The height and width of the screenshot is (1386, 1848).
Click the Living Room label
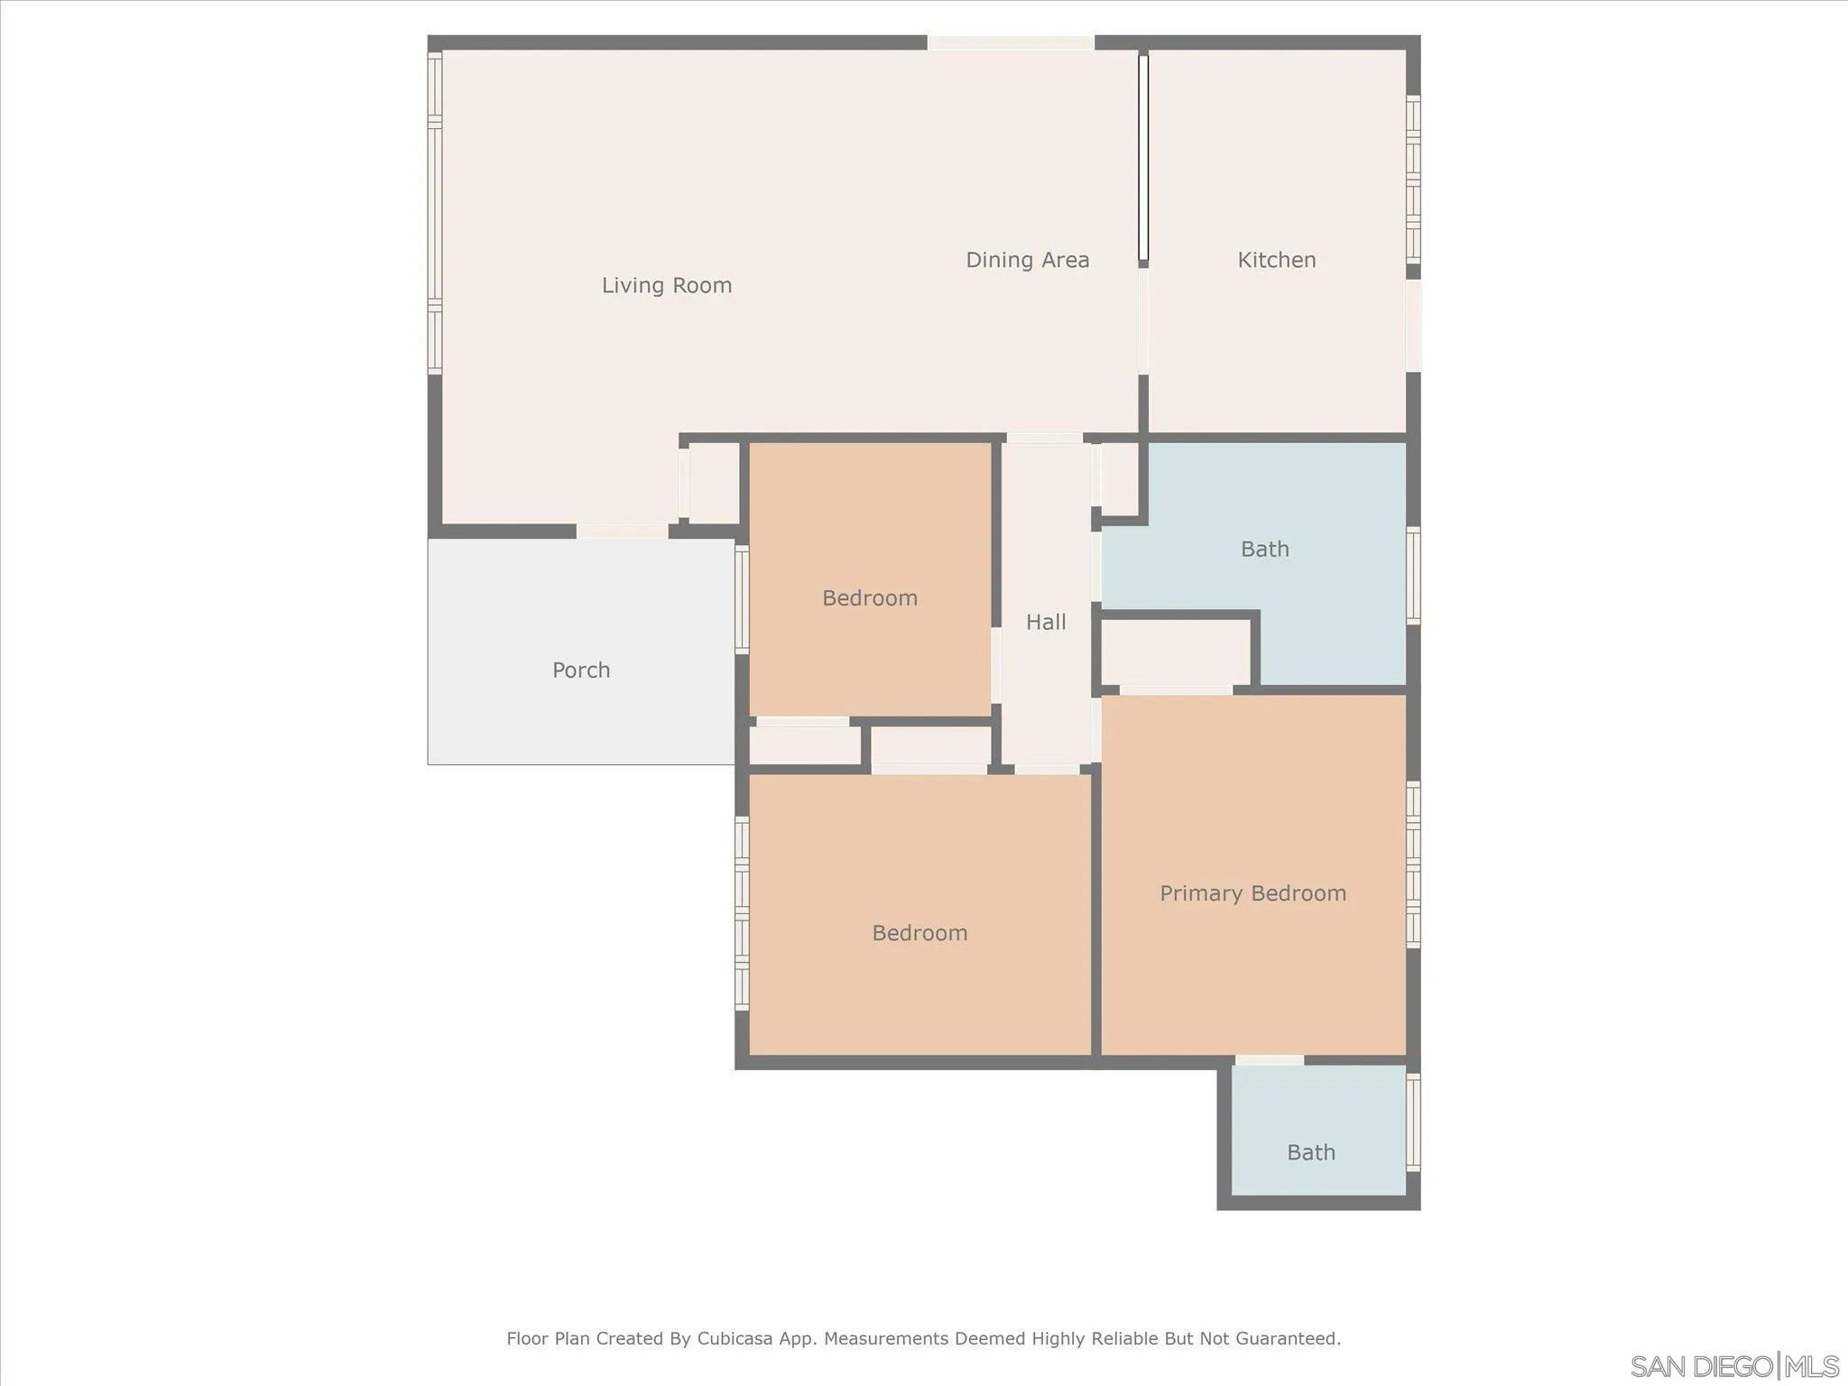pyautogui.click(x=667, y=286)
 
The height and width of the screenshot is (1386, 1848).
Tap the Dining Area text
pyautogui.click(x=1027, y=261)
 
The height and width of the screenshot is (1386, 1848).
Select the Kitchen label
pyautogui.click(x=1276, y=261)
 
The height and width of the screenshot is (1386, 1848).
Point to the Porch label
pyautogui.click(x=581, y=670)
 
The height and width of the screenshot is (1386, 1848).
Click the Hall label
pyautogui.click(x=1046, y=623)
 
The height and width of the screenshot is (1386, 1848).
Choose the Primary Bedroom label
pyautogui.click(x=1252, y=893)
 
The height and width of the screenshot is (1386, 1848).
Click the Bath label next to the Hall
pyautogui.click(x=1264, y=550)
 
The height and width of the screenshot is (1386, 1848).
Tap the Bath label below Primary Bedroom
pyautogui.click(x=1310, y=1152)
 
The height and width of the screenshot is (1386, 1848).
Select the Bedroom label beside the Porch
pyautogui.click(x=870, y=598)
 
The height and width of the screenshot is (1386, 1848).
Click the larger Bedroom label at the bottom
pyautogui.click(x=919, y=933)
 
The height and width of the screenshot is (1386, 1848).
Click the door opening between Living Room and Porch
pyautogui.click(x=622, y=531)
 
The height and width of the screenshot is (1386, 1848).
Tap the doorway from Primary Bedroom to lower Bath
pyautogui.click(x=1269, y=1060)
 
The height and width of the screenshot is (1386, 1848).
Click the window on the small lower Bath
pyautogui.click(x=1413, y=1122)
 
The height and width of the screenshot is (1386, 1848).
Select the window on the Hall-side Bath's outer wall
pyautogui.click(x=1413, y=575)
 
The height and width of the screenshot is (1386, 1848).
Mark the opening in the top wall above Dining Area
pyautogui.click(x=1011, y=42)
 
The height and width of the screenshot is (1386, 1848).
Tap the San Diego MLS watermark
pyautogui.click(x=1733, y=1366)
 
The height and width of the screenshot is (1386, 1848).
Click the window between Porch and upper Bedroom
pyautogui.click(x=742, y=598)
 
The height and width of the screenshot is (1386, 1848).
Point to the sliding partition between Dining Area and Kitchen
pyautogui.click(x=1142, y=158)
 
